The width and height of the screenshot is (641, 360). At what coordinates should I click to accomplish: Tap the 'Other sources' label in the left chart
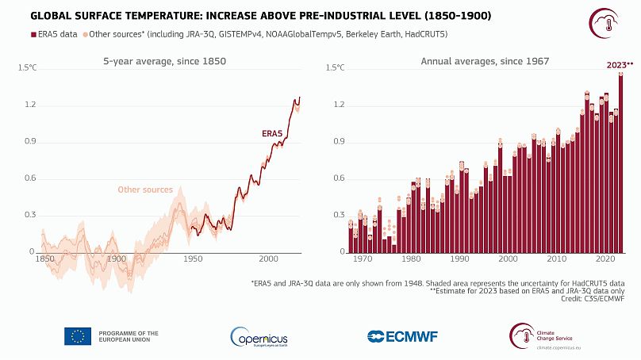(x=144, y=190)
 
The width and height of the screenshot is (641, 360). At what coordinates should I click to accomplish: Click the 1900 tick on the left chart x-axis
(x=117, y=259)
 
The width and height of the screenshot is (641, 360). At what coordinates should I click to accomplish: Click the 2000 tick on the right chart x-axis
(x=509, y=259)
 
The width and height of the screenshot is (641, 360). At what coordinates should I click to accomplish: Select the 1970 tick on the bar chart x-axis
(x=363, y=259)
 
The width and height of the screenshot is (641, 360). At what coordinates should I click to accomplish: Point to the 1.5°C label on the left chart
(x=26, y=68)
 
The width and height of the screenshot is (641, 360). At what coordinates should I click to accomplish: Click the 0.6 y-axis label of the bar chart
(x=336, y=178)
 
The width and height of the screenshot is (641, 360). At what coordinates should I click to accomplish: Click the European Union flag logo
(x=78, y=336)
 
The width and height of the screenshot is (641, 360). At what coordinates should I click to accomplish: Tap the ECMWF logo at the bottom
(x=404, y=336)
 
